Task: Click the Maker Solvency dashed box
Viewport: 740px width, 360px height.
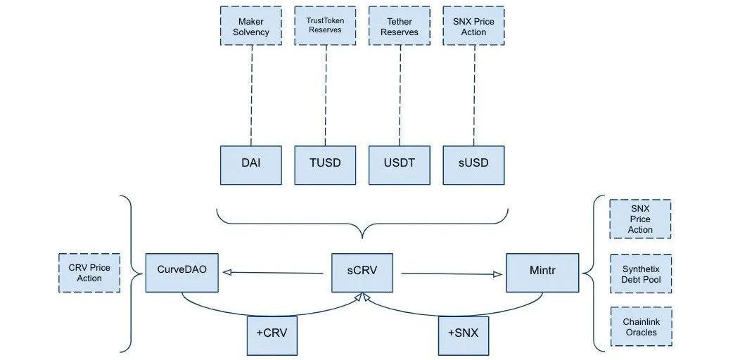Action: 250,27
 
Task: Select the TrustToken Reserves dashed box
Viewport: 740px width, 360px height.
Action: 325,27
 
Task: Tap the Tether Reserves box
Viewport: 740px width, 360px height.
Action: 399,27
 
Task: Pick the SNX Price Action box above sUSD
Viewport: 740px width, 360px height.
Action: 473,27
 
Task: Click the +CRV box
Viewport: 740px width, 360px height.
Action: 272,335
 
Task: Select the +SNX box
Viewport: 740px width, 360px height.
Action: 462,335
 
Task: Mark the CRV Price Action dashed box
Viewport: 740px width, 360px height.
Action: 89,273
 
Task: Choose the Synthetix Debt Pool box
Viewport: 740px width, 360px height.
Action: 640,274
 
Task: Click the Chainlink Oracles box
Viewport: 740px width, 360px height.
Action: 640,327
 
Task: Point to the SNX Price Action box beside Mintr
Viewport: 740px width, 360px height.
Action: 640,219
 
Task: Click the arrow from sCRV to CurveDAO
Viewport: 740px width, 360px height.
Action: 274,274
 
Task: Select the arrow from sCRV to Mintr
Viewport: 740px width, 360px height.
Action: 450,274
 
